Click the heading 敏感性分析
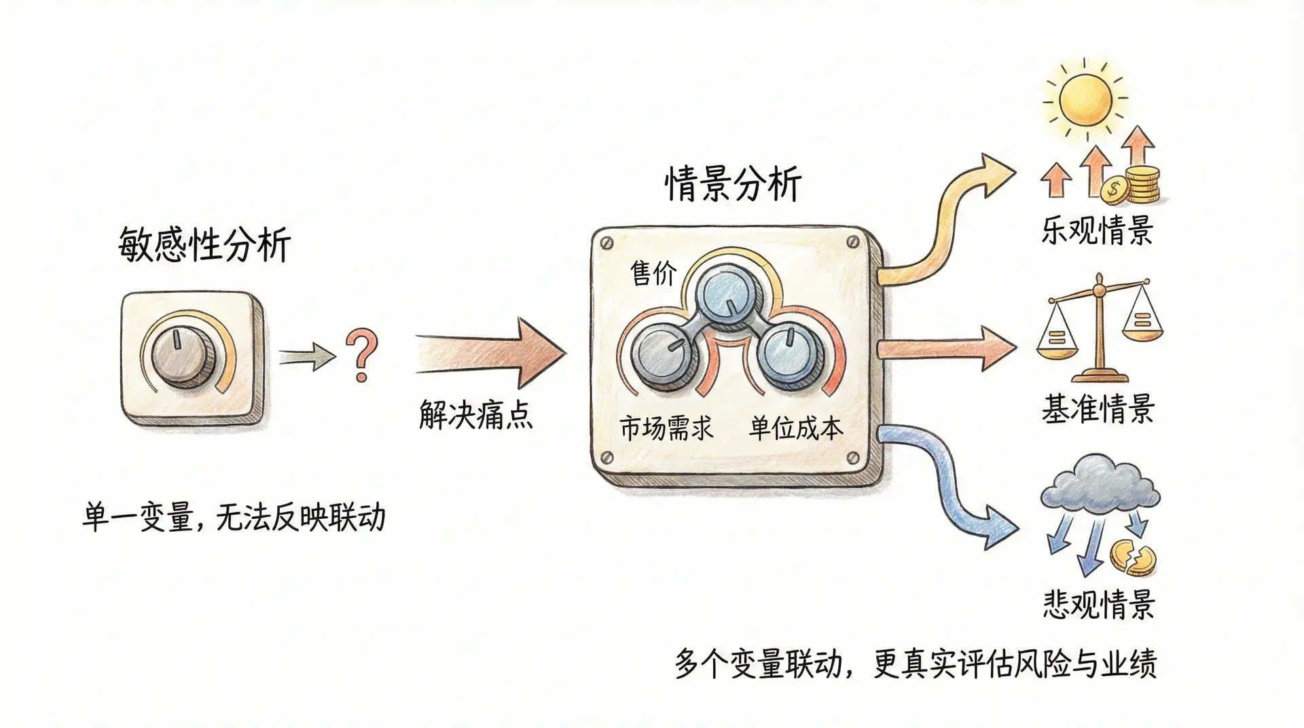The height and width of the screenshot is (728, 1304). [204, 244]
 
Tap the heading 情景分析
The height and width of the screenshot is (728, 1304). [733, 184]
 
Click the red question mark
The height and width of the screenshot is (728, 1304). [361, 355]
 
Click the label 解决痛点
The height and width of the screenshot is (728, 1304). [475, 414]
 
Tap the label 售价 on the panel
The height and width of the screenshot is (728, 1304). [653, 273]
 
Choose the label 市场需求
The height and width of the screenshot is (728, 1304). [666, 428]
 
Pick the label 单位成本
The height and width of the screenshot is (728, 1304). [796, 428]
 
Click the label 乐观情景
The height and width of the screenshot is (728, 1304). [1097, 231]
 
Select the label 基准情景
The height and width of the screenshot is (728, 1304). [1098, 409]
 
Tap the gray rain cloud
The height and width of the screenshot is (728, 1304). [1099, 486]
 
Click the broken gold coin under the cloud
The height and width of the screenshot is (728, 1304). [1132, 558]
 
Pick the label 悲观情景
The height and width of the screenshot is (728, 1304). [1098, 604]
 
